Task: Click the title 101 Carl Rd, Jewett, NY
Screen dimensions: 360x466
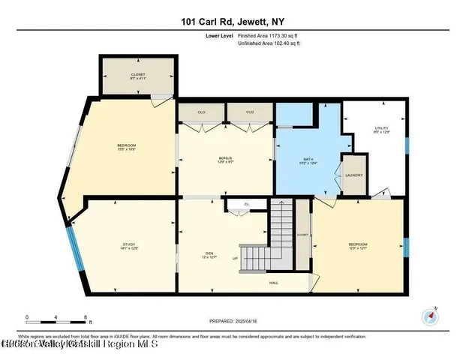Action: click(x=233, y=22)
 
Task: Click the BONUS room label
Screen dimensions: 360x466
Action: click(x=225, y=159)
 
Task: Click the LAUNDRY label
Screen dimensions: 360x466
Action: click(x=354, y=175)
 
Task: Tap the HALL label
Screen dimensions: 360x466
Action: click(x=275, y=283)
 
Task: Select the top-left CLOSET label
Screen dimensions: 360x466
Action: click(x=137, y=75)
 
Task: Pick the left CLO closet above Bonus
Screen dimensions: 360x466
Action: click(x=201, y=112)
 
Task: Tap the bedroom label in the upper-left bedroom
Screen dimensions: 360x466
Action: click(x=126, y=146)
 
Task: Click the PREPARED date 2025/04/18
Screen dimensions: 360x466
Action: click(x=233, y=321)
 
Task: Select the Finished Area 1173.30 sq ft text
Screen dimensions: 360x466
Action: click(x=269, y=35)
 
